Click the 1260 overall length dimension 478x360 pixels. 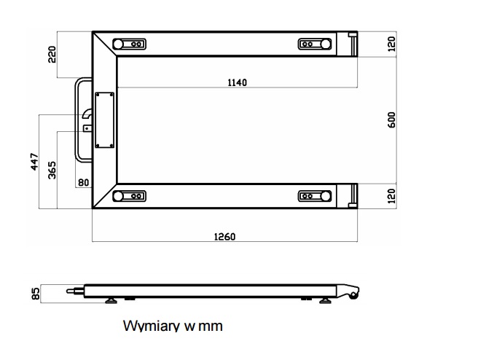tap(224, 237)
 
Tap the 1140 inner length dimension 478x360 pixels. tap(237, 82)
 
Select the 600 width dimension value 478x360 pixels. tap(392, 120)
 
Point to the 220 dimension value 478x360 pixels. tap(52, 54)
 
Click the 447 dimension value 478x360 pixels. tap(34, 162)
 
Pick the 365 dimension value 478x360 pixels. tap(52, 170)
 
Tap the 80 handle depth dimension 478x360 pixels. tap(84, 182)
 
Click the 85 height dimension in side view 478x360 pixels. tap(36, 294)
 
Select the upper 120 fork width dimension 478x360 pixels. tap(392, 44)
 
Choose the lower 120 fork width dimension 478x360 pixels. tap(392, 196)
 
